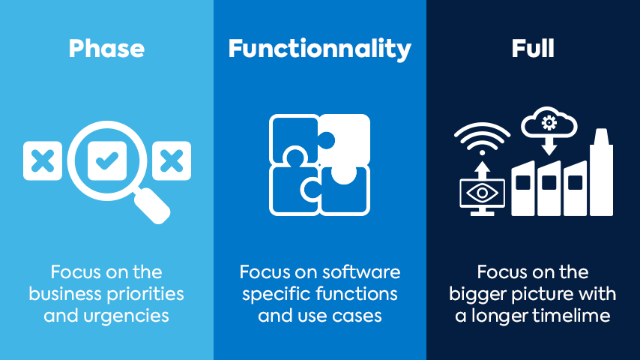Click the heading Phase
(x=106, y=49)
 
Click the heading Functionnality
(x=319, y=49)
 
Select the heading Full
(x=533, y=48)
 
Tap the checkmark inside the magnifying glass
(x=107, y=160)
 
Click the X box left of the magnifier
(x=43, y=160)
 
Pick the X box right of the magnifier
(x=172, y=160)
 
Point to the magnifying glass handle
(x=152, y=205)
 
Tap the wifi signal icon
(x=482, y=139)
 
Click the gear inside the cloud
(x=549, y=122)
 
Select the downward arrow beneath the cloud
(x=549, y=146)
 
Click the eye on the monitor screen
(x=482, y=193)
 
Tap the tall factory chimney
(x=601, y=172)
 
